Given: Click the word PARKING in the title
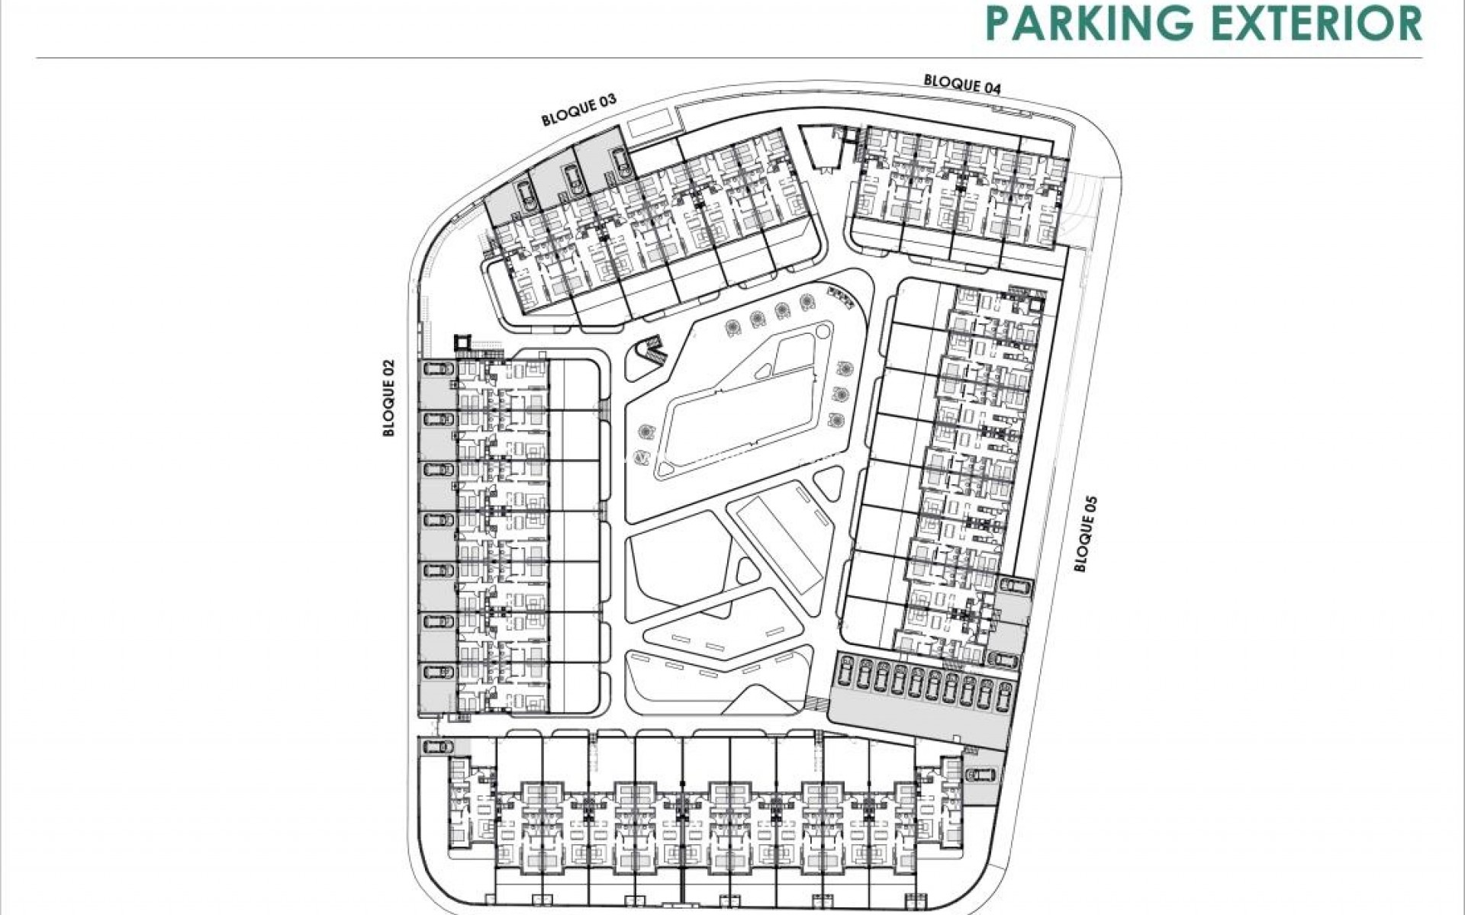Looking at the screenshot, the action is tap(1089, 22).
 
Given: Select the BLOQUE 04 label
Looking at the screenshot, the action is tap(962, 83).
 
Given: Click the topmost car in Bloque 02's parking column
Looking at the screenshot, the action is tap(437, 369).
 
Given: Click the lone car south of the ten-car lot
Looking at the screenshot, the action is tap(979, 775).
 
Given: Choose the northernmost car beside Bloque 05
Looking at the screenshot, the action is tap(1014, 586).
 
